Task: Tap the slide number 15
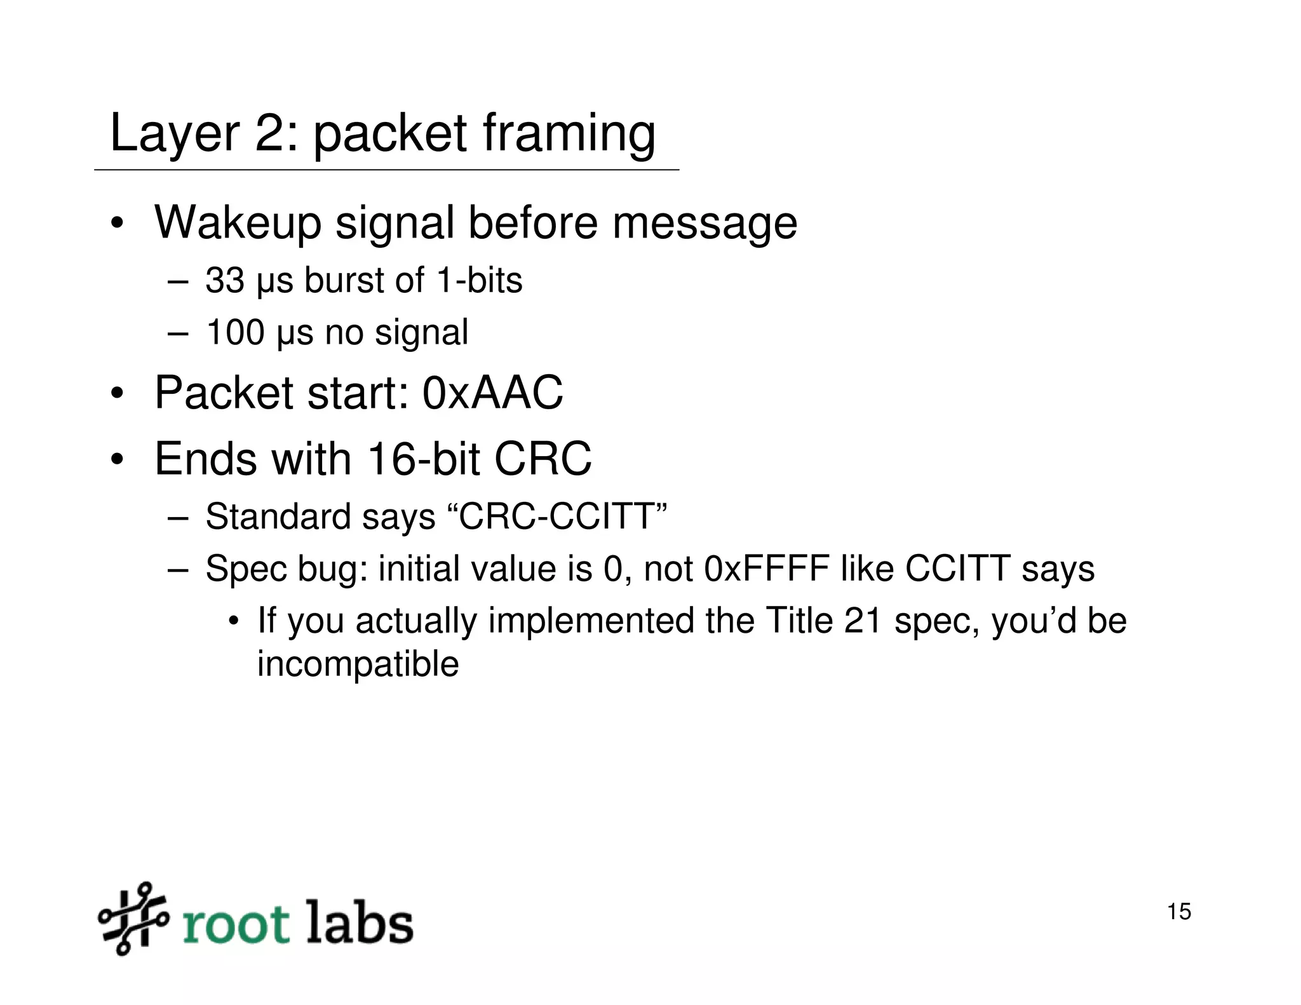tap(1179, 912)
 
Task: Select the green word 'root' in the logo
tap(236, 924)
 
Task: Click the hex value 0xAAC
tap(492, 393)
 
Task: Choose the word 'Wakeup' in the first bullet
tap(238, 223)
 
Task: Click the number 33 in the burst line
tap(224, 280)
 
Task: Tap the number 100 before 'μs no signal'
tap(235, 332)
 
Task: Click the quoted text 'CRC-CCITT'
tap(562, 516)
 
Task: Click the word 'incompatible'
tap(358, 664)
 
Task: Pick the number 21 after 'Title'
tap(863, 621)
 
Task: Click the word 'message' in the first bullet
tap(704, 223)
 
